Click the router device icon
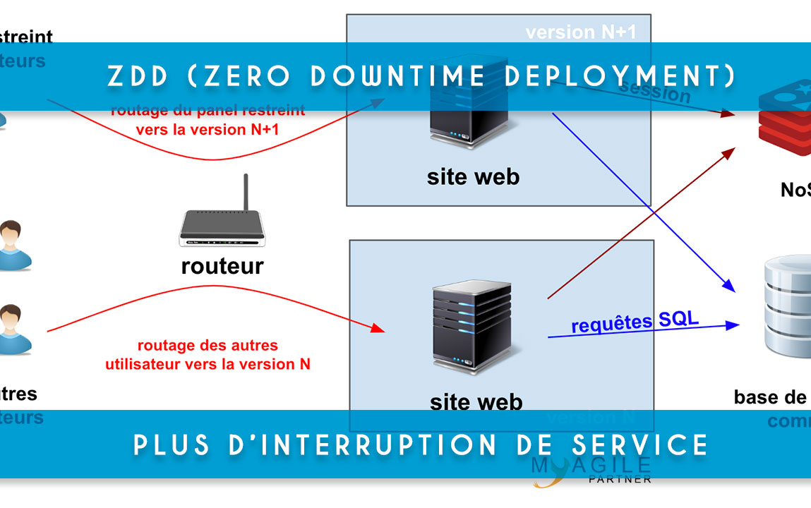[222, 229]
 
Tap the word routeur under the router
[222, 266]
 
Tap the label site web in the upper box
[473, 176]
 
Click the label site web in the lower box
[476, 402]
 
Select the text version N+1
[580, 32]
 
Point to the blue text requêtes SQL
[635, 322]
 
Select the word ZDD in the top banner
[136, 76]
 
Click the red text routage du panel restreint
[208, 111]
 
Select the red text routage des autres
[208, 346]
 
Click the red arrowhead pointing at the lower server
[379, 329]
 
